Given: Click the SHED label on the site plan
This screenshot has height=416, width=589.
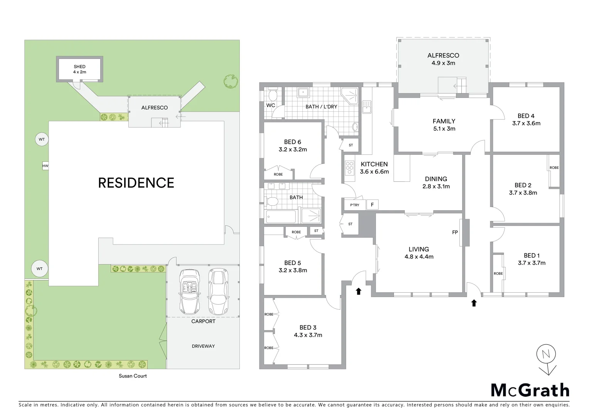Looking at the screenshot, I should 79,67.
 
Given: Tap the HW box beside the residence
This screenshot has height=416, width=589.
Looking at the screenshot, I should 45,166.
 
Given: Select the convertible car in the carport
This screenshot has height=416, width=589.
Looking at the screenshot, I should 189,292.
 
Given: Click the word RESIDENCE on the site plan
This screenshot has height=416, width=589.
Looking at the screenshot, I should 136,183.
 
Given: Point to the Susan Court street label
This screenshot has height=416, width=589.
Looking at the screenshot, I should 133,376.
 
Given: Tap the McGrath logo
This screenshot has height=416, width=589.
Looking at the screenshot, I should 530,390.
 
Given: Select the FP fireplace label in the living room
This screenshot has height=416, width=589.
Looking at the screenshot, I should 455,232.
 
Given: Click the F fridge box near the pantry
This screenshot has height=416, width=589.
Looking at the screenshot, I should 372,205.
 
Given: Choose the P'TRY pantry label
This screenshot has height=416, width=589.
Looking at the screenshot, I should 355,205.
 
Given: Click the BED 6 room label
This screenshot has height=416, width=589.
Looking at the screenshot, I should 293,142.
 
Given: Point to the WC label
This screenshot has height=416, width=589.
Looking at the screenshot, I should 271,105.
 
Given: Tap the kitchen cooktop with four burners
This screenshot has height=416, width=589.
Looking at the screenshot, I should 350,168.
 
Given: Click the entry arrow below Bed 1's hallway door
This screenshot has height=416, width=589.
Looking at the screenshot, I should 474,303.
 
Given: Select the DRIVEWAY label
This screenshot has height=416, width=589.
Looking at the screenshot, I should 203,346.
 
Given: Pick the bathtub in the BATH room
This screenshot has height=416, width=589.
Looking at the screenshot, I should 281,217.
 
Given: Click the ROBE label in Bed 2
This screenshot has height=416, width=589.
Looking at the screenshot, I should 554,168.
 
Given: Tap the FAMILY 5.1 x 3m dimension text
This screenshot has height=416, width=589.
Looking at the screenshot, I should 444,129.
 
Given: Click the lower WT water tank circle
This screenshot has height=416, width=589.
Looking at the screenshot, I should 40,269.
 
